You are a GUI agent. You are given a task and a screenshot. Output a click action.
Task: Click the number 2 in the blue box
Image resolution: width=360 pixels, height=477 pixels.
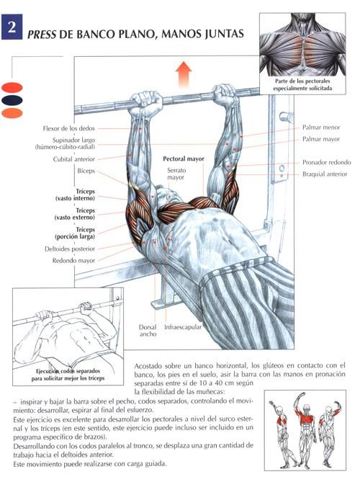click(x=12, y=27)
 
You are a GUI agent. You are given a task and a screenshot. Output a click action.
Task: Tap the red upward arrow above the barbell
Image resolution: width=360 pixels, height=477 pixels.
click(x=184, y=74)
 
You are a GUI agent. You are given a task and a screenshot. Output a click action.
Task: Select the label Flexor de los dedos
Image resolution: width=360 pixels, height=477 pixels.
click(x=68, y=128)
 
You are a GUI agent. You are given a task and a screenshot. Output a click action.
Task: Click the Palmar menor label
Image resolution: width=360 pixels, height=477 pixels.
click(x=321, y=128)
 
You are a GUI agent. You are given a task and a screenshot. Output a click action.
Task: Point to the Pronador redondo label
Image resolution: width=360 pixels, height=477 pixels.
click(x=327, y=162)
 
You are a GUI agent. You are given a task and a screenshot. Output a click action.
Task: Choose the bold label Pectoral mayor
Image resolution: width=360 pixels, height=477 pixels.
click(x=184, y=159)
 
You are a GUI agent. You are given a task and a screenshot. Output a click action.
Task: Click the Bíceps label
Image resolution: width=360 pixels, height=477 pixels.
click(x=86, y=171)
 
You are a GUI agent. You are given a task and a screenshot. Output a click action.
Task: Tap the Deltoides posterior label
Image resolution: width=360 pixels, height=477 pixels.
click(x=70, y=249)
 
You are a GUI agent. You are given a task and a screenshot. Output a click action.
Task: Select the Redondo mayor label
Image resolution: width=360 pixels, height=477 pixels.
click(x=73, y=261)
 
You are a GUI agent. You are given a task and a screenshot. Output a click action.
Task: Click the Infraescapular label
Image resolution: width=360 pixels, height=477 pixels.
click(x=183, y=327)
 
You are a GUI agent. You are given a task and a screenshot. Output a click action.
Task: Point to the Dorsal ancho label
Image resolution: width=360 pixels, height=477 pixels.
click(x=148, y=331)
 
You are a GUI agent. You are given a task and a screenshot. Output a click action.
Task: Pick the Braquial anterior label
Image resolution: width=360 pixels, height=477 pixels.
click(x=325, y=174)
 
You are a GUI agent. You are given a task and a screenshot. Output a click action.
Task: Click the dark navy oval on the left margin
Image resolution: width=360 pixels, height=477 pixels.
click(x=12, y=100)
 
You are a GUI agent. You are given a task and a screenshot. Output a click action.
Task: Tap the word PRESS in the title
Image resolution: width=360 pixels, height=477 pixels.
click(x=42, y=35)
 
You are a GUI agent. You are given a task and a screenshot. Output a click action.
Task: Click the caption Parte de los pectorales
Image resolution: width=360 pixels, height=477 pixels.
click(x=302, y=81)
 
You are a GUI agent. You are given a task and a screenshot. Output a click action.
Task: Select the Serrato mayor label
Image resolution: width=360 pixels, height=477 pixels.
click(x=176, y=174)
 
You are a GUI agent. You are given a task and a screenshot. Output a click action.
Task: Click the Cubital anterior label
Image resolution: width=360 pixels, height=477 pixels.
click(x=74, y=159)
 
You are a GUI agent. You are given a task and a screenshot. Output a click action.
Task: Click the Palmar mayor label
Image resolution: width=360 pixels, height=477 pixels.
click(x=321, y=139)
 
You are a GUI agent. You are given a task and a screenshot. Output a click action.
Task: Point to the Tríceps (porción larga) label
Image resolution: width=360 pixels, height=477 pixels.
click(x=75, y=233)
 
